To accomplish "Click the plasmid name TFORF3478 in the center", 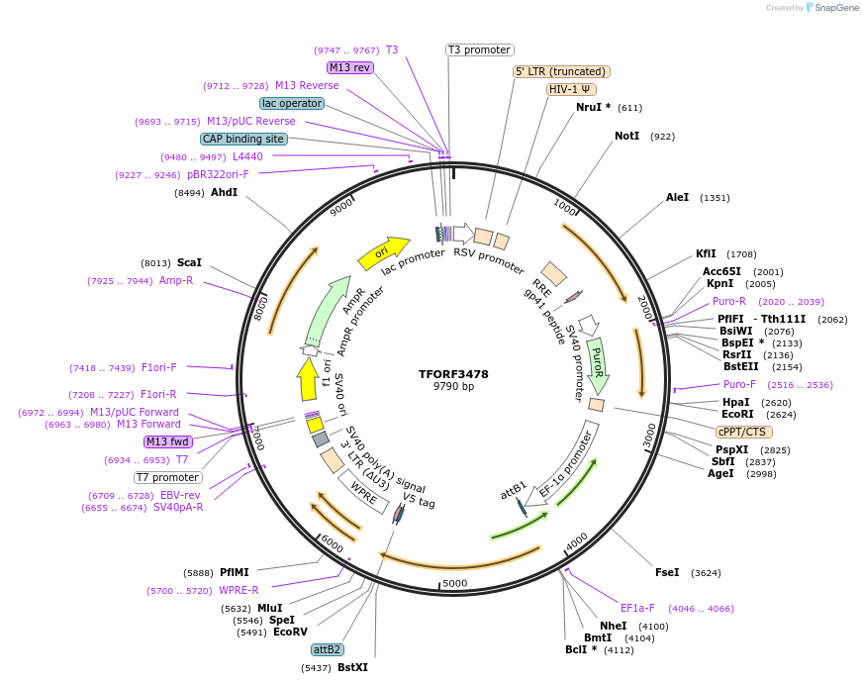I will [x=453, y=374].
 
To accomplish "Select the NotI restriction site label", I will [x=626, y=136].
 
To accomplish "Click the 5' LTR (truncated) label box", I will [x=561, y=71].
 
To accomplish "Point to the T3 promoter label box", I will [x=479, y=49].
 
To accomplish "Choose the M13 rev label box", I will [x=349, y=67].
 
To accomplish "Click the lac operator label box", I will [x=292, y=103].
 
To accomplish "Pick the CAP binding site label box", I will [x=243, y=139].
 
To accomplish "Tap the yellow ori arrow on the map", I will [x=383, y=253].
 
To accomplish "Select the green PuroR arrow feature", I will [x=597, y=362].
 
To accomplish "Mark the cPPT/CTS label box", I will [x=743, y=432].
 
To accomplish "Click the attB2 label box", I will [x=327, y=649].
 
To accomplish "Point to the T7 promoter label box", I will [x=168, y=477].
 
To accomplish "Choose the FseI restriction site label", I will [x=667, y=572].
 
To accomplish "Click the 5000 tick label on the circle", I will [x=454, y=583].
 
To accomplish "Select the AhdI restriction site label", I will [x=224, y=192].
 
